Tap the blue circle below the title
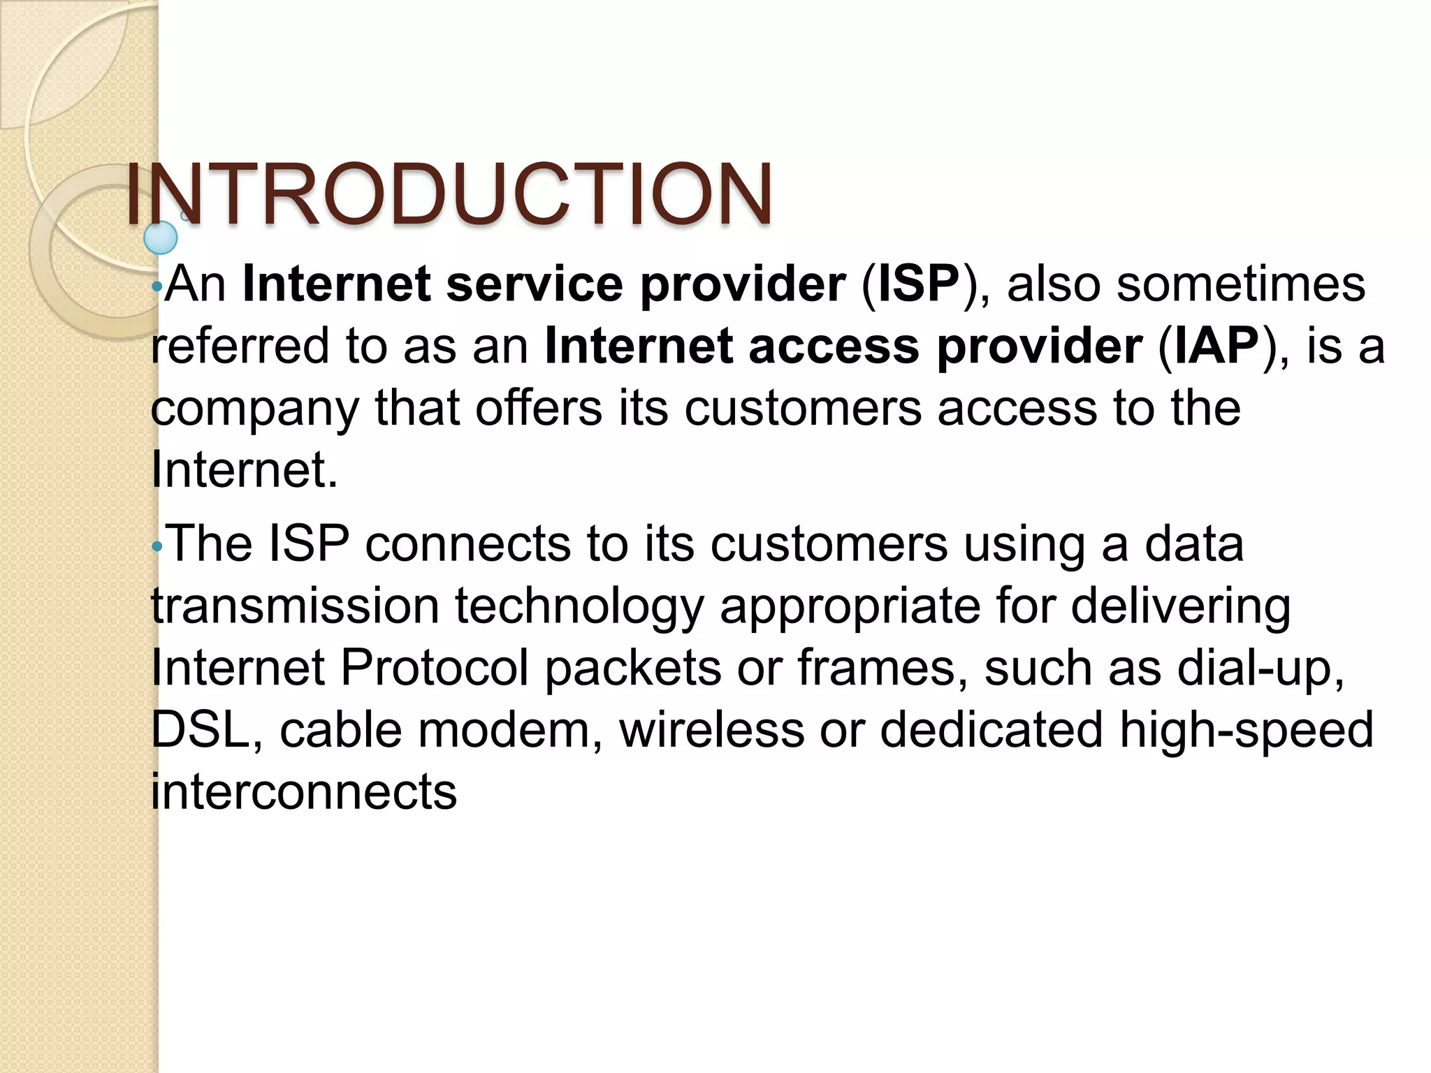pyautogui.click(x=161, y=238)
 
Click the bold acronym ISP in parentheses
pyautogui.click(x=918, y=284)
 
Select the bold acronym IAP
pyautogui.click(x=1216, y=346)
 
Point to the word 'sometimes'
pyautogui.click(x=1241, y=284)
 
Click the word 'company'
pyautogui.click(x=254, y=409)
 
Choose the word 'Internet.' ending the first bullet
pyautogui.click(x=245, y=469)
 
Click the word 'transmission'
pyautogui.click(x=295, y=606)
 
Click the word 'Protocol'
pyautogui.click(x=433, y=668)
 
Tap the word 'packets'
pyautogui.click(x=632, y=668)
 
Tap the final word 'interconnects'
pyautogui.click(x=304, y=791)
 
